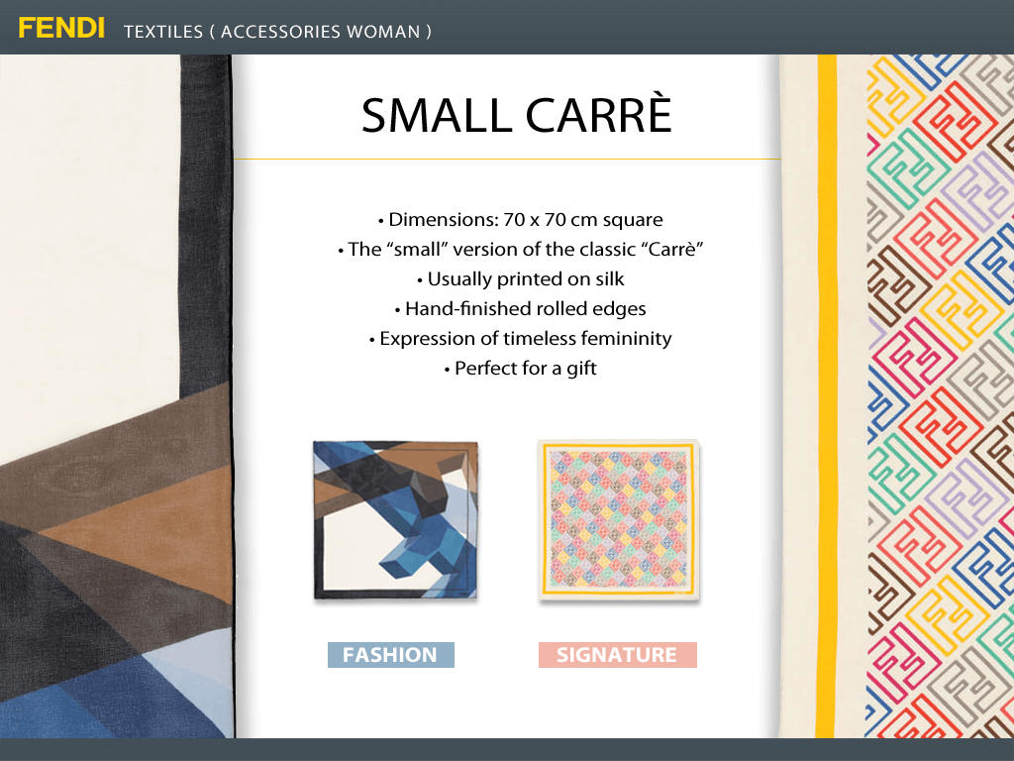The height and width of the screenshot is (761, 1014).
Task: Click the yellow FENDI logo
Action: pyautogui.click(x=61, y=29)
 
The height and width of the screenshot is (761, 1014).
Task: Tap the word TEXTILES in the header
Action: pyautogui.click(x=163, y=32)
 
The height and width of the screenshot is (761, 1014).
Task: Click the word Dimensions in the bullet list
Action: pyautogui.click(x=443, y=220)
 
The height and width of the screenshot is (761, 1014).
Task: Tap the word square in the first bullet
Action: pyautogui.click(x=633, y=221)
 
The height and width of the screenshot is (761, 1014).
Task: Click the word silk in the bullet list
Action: pyautogui.click(x=610, y=278)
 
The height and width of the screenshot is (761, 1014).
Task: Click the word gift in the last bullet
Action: pyautogui.click(x=581, y=369)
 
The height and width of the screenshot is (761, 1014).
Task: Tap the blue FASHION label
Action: pyautogui.click(x=390, y=655)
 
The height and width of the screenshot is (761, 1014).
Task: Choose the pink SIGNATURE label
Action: pyautogui.click(x=618, y=655)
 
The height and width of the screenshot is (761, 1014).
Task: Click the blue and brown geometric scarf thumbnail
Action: pyautogui.click(x=396, y=520)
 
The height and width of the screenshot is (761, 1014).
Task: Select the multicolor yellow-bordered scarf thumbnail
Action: pyautogui.click(x=619, y=520)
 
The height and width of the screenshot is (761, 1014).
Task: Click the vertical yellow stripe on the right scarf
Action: pyautogui.click(x=826, y=396)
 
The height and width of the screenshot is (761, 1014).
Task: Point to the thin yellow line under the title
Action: pyautogui.click(x=507, y=159)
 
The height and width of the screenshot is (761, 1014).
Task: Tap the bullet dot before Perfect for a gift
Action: pyautogui.click(x=447, y=371)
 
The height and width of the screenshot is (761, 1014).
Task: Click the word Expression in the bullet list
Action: pyautogui.click(x=427, y=339)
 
